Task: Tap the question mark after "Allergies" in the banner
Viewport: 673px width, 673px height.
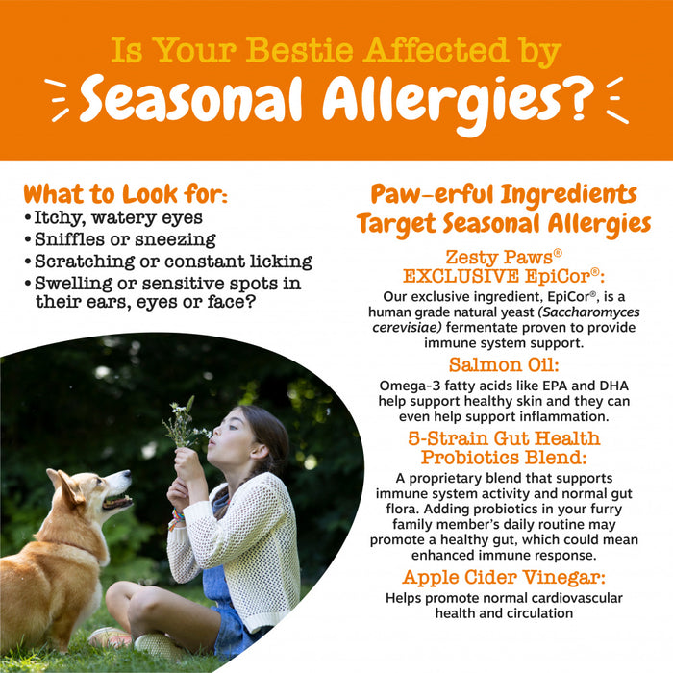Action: point(569,98)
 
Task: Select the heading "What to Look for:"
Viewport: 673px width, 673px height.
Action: point(126,193)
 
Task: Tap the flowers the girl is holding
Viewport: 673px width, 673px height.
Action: point(183,420)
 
